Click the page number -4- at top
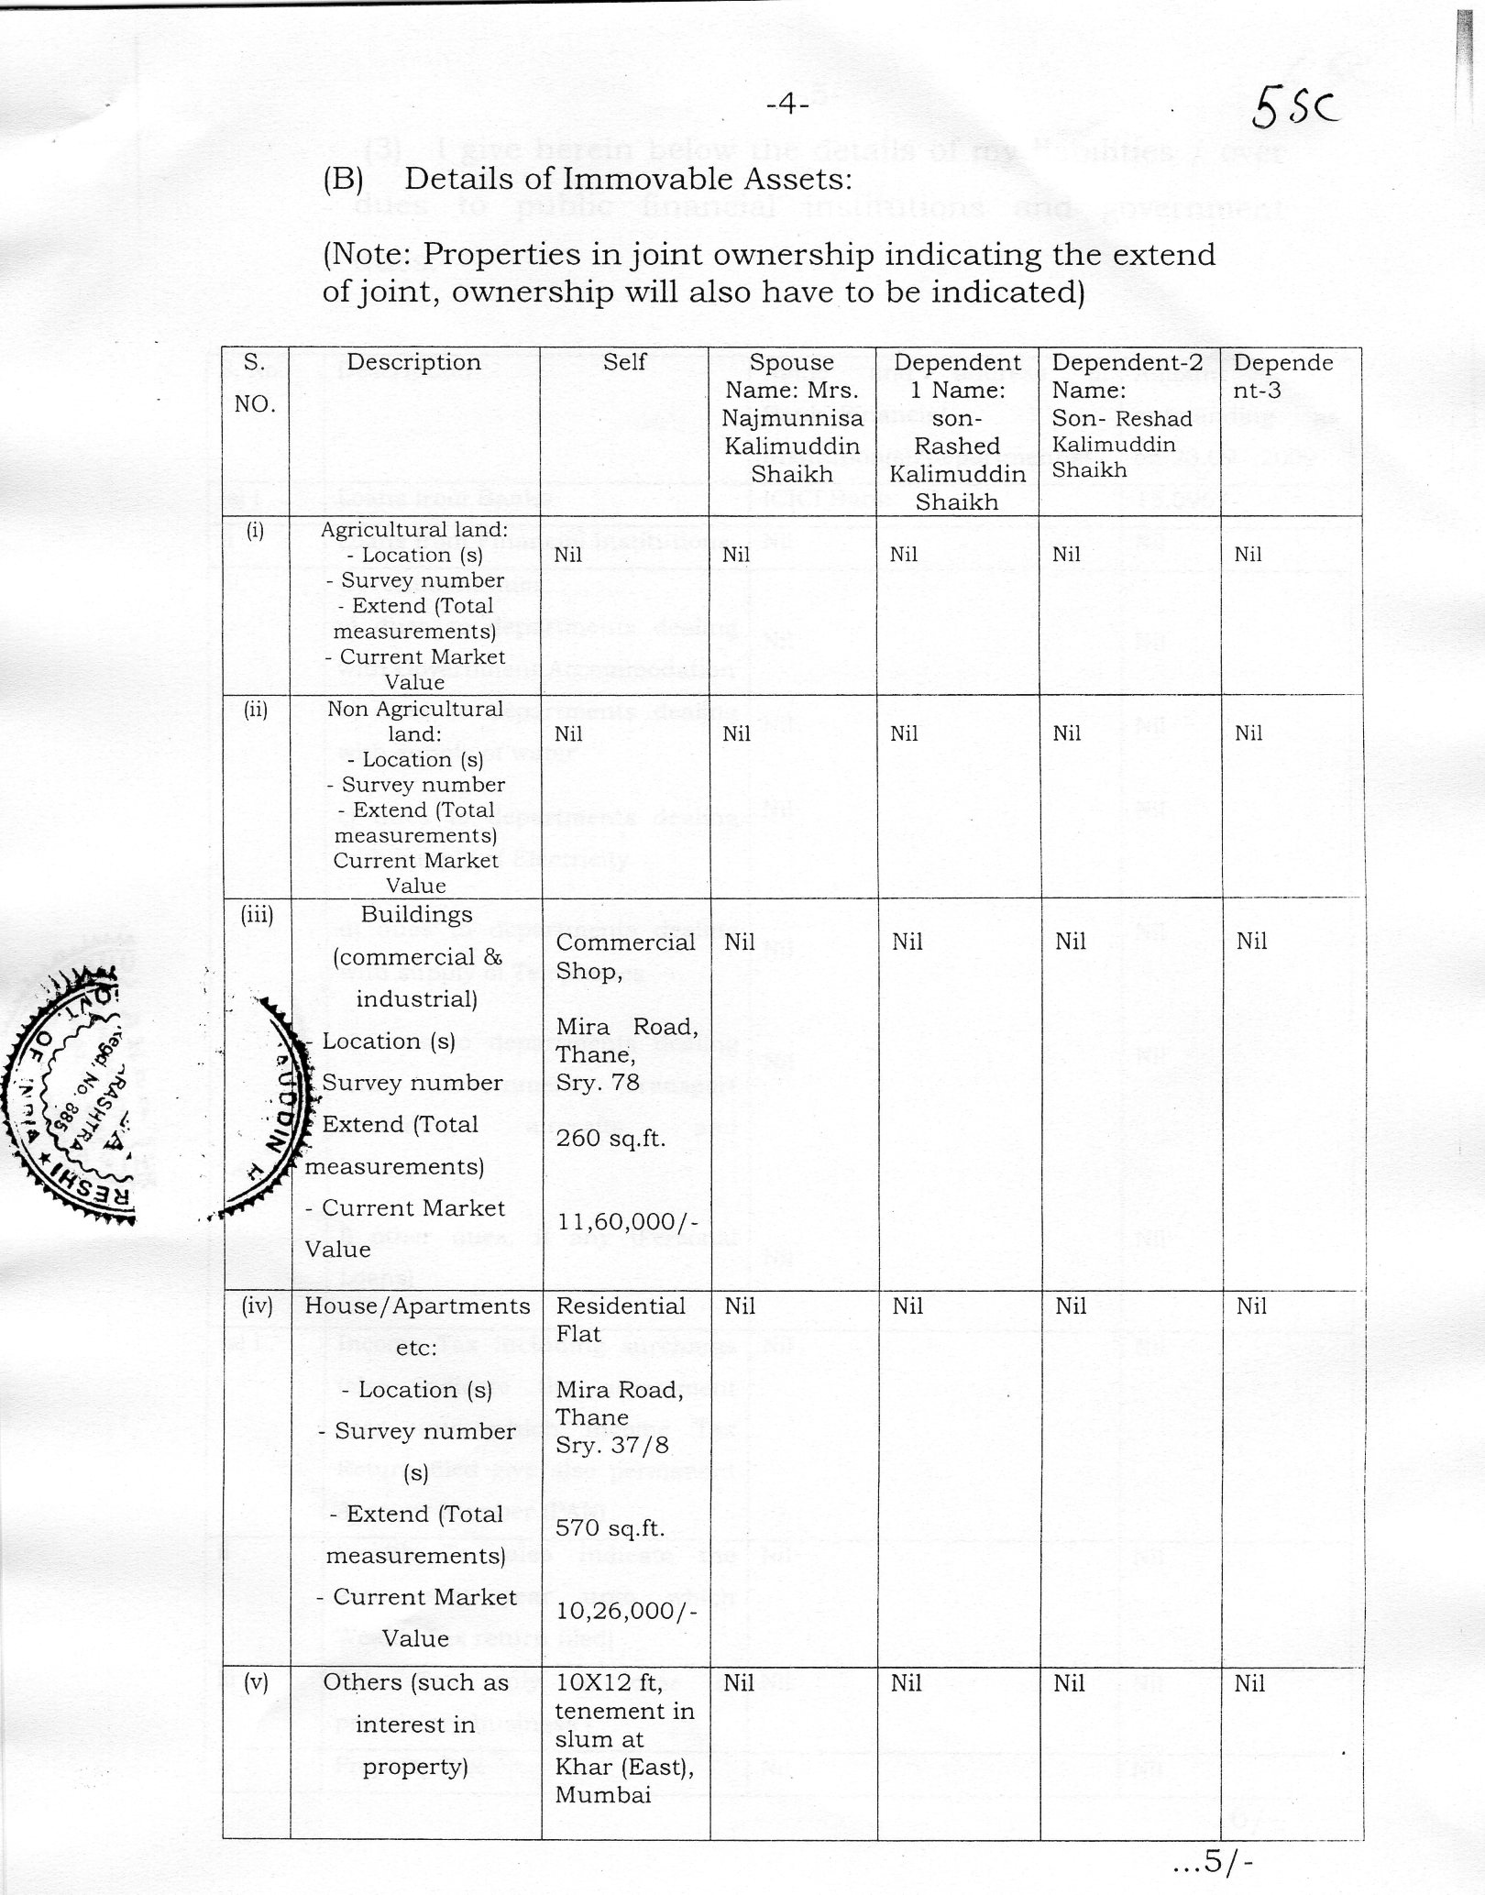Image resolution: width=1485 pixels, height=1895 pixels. pos(786,105)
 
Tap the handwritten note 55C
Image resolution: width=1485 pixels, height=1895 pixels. pos(1295,112)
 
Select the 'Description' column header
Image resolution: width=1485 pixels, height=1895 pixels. pos(413,362)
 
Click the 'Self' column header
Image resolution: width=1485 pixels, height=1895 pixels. pos(624,362)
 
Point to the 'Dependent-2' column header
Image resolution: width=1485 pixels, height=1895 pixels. pos(1127,362)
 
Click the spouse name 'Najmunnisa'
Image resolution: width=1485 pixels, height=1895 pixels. pos(792,418)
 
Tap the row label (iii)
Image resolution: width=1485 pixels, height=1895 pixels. pos(257,914)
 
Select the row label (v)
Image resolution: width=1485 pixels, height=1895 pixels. pos(256,1682)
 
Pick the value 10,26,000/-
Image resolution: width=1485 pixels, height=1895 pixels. pos(627,1611)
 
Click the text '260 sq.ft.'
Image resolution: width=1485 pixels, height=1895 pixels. pos(610,1138)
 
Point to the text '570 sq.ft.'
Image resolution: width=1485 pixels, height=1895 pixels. pos(610,1527)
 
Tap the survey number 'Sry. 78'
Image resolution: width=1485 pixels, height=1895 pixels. pos(597,1082)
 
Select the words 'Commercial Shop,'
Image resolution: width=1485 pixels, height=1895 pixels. pos(625,956)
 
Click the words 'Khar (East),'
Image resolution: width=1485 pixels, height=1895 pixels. pos(624,1767)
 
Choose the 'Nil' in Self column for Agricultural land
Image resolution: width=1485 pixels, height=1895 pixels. pos(568,555)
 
